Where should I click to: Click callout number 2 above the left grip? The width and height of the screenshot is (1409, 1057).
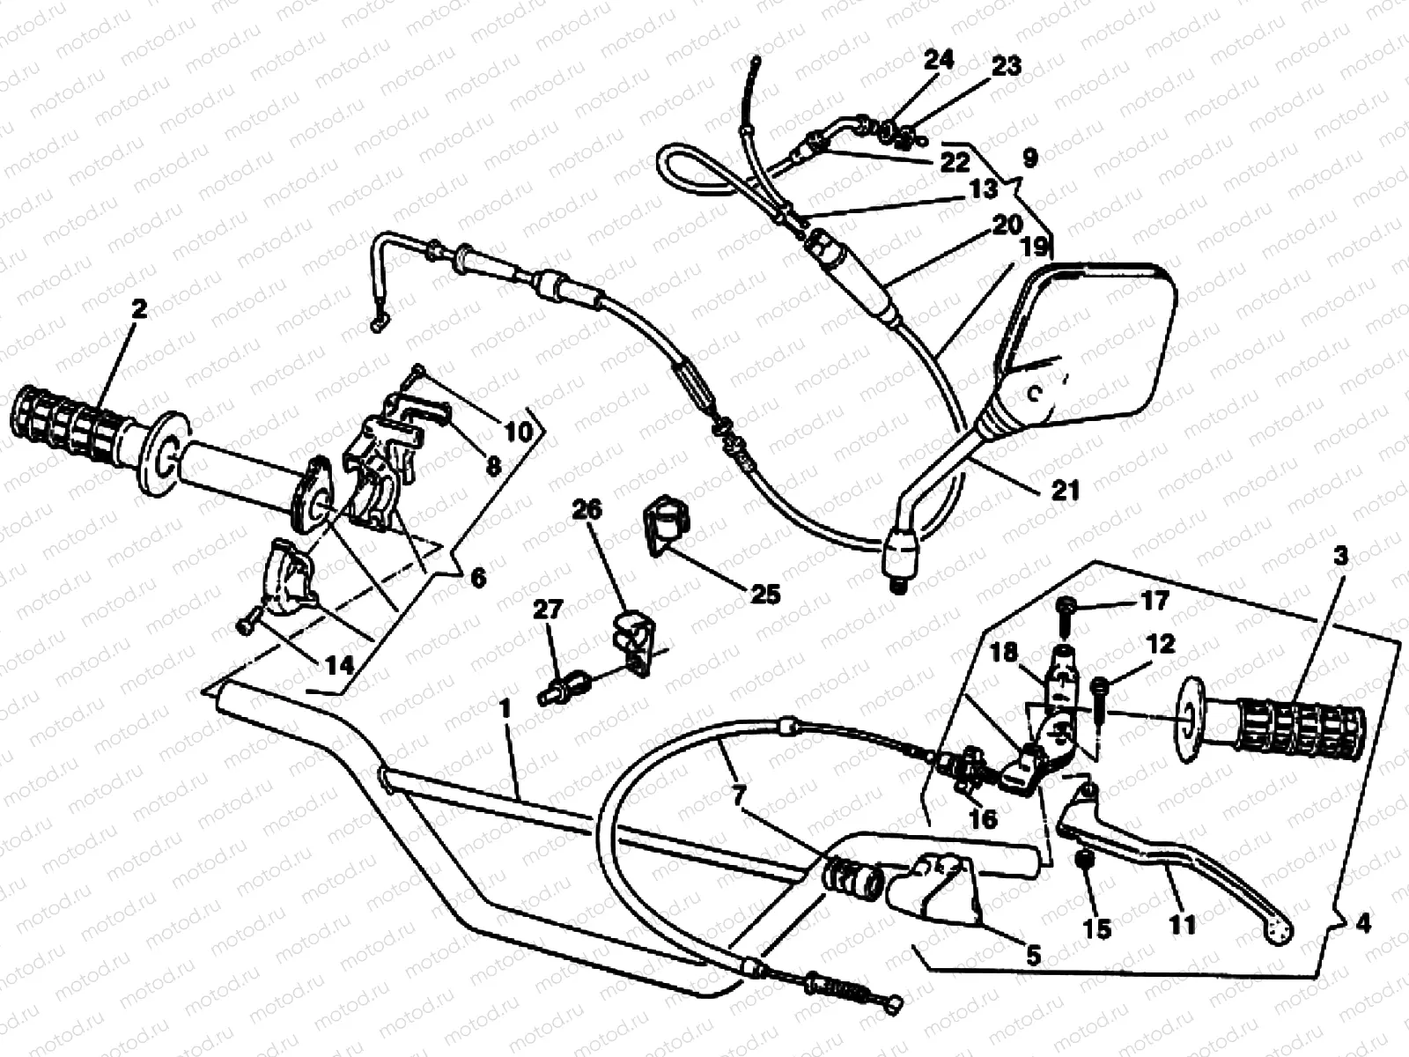138,309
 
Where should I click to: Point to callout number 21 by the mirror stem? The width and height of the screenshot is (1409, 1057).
1066,489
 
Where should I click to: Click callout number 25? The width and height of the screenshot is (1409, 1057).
764,595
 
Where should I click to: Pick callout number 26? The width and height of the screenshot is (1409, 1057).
587,509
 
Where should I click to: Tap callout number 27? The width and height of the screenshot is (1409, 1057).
548,609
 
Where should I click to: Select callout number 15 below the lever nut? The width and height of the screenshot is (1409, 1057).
1097,928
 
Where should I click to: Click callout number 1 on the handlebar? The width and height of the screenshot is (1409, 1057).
505,708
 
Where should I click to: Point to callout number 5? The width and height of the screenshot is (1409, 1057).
1032,954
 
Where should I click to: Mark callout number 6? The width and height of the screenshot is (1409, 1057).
477,578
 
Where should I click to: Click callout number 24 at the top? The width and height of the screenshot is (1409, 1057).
939,60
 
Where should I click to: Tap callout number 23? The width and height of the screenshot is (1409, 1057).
1007,66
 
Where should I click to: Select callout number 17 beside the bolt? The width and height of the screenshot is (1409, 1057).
1154,601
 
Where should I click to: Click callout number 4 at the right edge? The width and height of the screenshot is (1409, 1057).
1363,924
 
